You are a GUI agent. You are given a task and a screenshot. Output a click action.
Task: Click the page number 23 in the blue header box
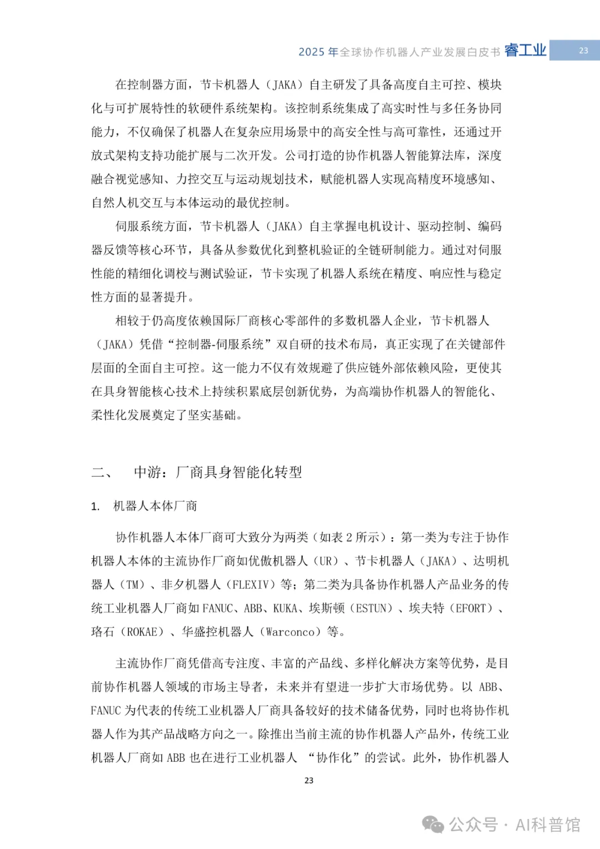tap(583, 51)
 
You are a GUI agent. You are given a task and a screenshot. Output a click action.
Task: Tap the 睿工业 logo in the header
tap(525, 51)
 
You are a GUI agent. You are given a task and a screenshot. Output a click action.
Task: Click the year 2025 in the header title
tap(311, 52)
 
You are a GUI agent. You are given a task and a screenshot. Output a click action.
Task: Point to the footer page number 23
tap(309, 781)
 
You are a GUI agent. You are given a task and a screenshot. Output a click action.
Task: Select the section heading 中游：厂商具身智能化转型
tap(218, 473)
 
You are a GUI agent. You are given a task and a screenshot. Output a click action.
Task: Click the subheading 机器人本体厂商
tap(155, 506)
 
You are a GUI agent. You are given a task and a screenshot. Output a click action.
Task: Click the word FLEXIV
tap(254, 585)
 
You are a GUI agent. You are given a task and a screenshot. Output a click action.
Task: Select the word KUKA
tap(285, 608)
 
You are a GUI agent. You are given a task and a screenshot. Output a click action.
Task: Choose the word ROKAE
tap(145, 632)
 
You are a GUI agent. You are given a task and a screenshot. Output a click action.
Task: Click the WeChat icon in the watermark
tap(433, 824)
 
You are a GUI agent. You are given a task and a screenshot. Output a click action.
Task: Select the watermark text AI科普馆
tap(548, 825)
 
